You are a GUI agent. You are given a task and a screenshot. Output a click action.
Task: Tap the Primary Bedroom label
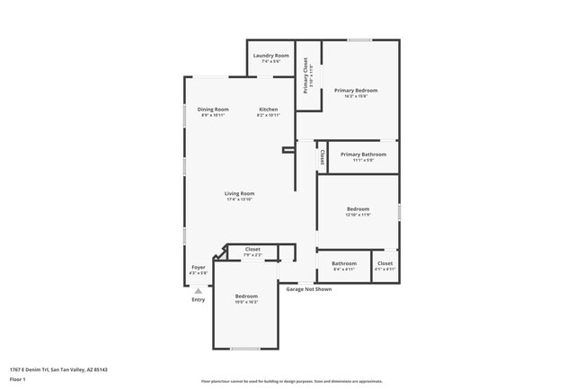[x=356, y=91]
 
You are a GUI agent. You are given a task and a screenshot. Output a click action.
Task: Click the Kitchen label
[x=269, y=110]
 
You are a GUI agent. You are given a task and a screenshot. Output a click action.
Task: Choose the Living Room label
[x=239, y=194]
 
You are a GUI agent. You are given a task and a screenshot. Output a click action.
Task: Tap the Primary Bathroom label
[x=363, y=155]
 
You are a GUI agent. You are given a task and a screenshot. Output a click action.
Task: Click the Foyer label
[x=199, y=268]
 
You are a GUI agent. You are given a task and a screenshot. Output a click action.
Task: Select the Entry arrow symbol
[x=199, y=290]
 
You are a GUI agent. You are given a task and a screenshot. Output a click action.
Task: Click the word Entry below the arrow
[x=199, y=299]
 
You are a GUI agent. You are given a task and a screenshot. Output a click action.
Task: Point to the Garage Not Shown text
[x=308, y=289]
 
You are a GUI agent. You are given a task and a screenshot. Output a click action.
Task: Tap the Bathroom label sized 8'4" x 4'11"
[x=344, y=264]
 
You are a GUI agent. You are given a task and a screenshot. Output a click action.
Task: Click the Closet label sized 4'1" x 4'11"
[x=385, y=264]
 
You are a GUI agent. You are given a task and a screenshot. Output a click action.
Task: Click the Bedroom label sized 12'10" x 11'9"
[x=358, y=209]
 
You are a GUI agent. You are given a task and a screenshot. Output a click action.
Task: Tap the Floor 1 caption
[x=17, y=379]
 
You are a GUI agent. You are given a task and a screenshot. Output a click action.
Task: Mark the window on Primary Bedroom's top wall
[x=360, y=40]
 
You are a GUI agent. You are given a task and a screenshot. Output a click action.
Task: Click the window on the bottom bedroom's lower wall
[x=245, y=349]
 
